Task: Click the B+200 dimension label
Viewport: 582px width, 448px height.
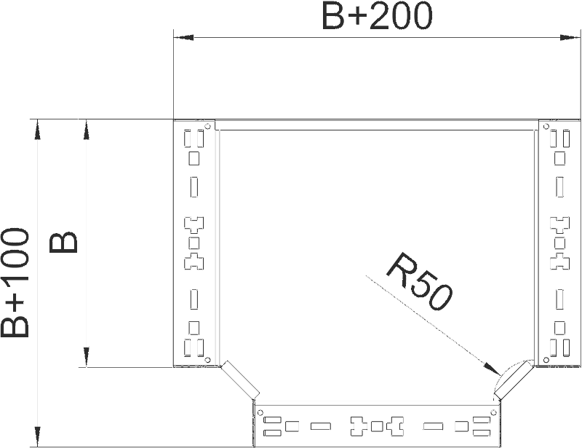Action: (377, 16)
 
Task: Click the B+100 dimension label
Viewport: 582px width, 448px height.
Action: (15, 283)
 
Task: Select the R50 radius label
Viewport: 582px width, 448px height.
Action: (420, 281)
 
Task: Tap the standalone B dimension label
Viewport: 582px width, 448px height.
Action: (63, 243)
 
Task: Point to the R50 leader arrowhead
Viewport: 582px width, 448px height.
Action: (492, 368)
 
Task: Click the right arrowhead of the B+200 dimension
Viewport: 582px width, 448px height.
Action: (570, 37)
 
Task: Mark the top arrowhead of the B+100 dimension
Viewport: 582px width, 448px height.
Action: (37, 130)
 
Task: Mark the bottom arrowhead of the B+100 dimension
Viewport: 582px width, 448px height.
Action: (37, 436)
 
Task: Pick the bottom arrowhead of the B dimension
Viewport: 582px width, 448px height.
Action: (86, 357)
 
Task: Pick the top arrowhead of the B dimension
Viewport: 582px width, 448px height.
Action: (86, 130)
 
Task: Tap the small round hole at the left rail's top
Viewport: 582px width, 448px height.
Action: (208, 126)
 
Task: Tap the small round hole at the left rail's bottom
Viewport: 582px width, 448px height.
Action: (208, 360)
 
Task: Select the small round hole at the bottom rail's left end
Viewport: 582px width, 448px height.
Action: (260, 412)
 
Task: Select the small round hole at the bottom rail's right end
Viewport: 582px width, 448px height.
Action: (493, 412)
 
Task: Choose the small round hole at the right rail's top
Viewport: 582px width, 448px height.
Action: (546, 127)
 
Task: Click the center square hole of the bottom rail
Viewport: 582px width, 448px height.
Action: (377, 426)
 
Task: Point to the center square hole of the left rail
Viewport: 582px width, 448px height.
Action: (194, 243)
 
